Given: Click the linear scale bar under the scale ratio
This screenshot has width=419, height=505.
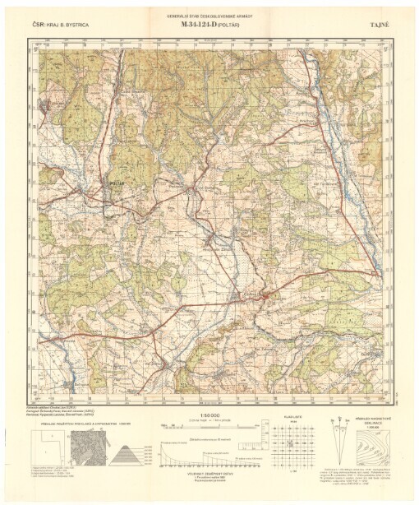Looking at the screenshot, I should coord(209,424).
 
